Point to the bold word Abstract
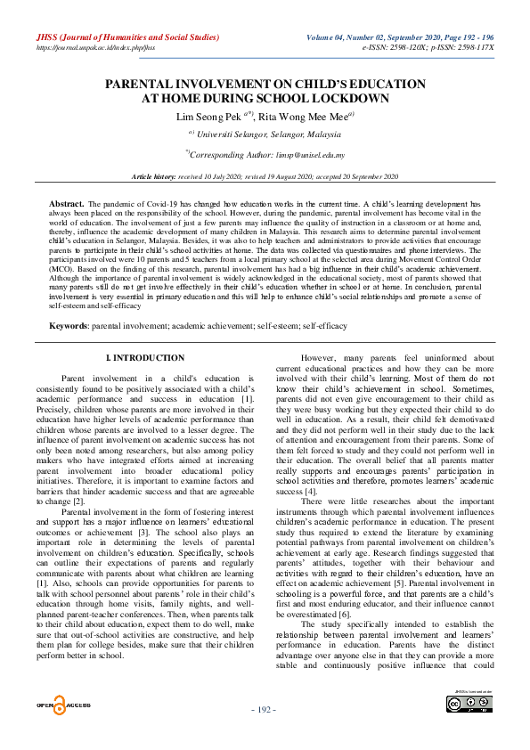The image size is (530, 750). point(67,204)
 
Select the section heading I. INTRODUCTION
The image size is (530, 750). point(145,357)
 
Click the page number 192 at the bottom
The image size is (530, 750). point(265,709)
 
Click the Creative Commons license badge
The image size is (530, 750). point(469,705)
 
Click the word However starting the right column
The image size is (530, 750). point(322,357)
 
